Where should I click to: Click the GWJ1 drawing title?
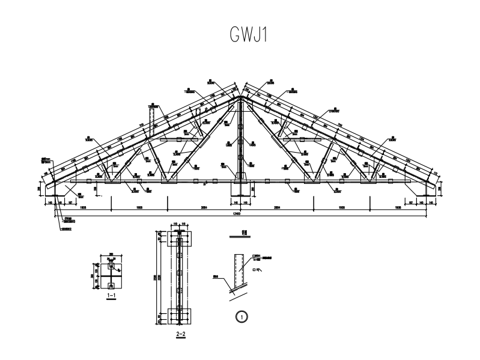(x=248, y=35)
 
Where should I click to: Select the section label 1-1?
(x=111, y=296)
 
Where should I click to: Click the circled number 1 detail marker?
(x=242, y=315)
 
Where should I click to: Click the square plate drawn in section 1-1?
(x=111, y=276)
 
